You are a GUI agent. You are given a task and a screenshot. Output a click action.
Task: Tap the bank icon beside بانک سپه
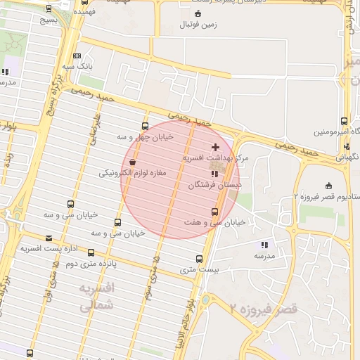click(x=77, y=56)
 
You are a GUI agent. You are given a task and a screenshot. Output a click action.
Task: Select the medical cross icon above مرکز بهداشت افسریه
click(x=214, y=146)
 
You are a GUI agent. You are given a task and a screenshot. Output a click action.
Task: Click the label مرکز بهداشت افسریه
click(x=214, y=158)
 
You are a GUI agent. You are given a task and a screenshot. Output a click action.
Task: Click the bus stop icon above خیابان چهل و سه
click(x=145, y=127)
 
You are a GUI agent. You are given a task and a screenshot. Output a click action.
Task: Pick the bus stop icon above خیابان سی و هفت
click(x=214, y=212)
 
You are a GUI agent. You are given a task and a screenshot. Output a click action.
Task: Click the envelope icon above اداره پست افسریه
click(x=49, y=238)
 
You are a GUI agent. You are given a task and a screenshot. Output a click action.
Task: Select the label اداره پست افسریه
click(x=44, y=248)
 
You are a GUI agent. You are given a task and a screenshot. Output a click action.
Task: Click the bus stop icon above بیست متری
click(x=200, y=259)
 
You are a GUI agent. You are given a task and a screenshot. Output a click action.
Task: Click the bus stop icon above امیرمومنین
click(x=344, y=121)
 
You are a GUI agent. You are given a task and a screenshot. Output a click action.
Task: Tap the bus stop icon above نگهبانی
click(x=347, y=147)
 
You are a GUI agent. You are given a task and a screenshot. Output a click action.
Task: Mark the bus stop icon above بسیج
click(x=49, y=8)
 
